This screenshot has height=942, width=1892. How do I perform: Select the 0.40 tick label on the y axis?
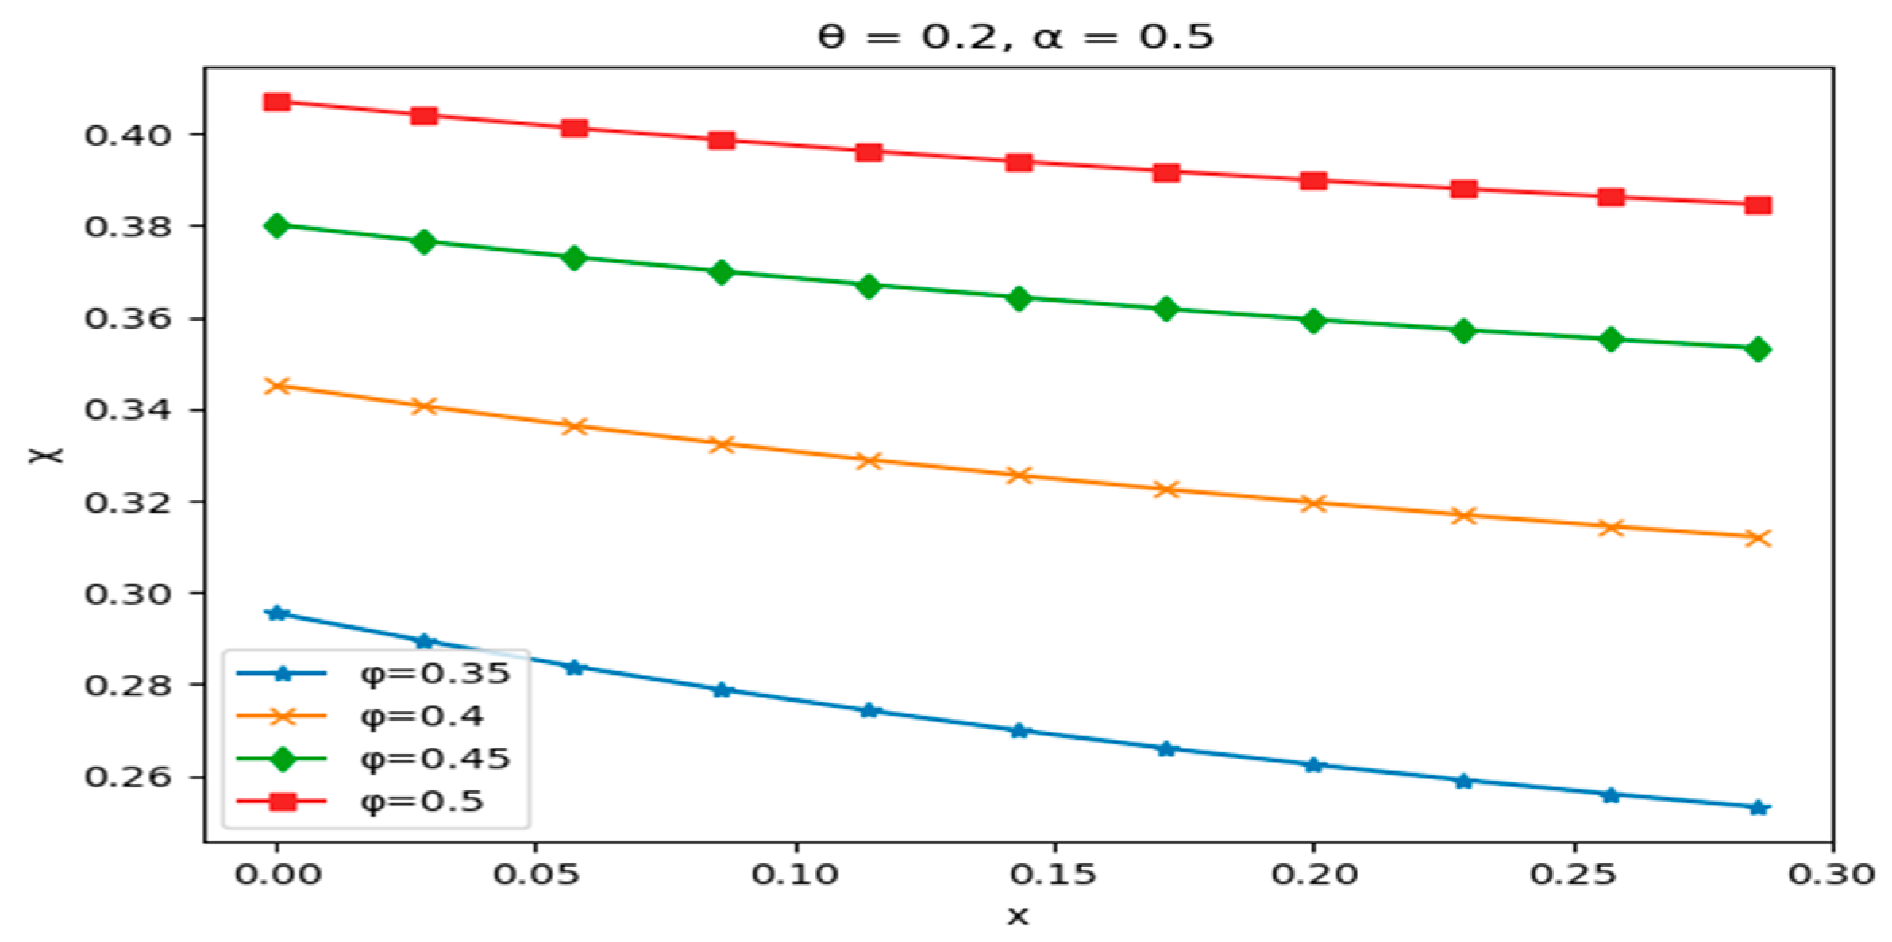click(x=127, y=136)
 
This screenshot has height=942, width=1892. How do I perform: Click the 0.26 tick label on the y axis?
click(x=127, y=777)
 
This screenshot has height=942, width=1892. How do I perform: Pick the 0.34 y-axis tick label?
click(x=127, y=410)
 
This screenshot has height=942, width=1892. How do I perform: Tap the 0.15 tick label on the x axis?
click(x=1053, y=875)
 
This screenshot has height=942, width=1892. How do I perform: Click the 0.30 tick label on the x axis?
click(x=1831, y=875)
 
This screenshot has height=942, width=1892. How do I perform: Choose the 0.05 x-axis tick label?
click(x=536, y=875)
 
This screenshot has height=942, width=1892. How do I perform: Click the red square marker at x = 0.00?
click(x=277, y=102)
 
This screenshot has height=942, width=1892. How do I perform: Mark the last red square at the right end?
click(x=1758, y=206)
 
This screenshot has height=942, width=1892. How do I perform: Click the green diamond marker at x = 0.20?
click(x=1313, y=321)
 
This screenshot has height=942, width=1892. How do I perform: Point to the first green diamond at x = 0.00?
click(x=277, y=225)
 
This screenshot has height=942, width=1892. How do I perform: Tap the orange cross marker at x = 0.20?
click(x=1313, y=503)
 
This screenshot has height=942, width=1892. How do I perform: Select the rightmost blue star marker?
click(x=1758, y=808)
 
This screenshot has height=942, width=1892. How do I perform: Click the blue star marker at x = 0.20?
click(x=1313, y=765)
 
